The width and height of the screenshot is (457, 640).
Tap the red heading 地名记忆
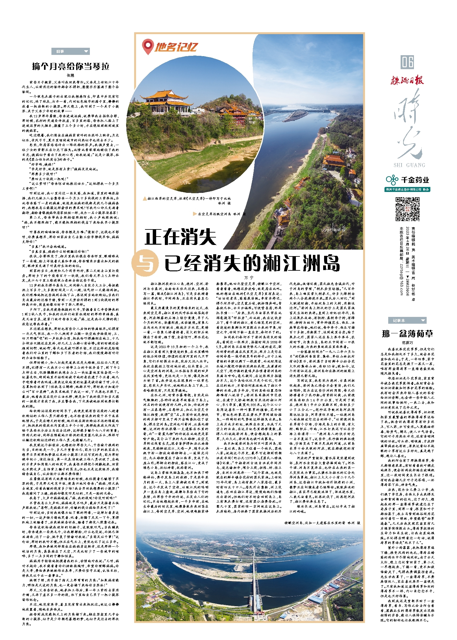176,47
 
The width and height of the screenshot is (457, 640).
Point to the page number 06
407,62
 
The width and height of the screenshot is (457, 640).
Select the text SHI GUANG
409,165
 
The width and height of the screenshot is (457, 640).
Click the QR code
407,209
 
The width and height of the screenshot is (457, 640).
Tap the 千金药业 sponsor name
415,180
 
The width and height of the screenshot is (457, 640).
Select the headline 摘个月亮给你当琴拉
71,66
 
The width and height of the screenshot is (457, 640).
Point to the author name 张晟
71,75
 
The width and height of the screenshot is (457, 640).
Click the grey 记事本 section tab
407,320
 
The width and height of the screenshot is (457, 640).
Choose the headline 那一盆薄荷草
407,334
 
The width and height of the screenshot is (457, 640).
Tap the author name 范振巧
407,343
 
